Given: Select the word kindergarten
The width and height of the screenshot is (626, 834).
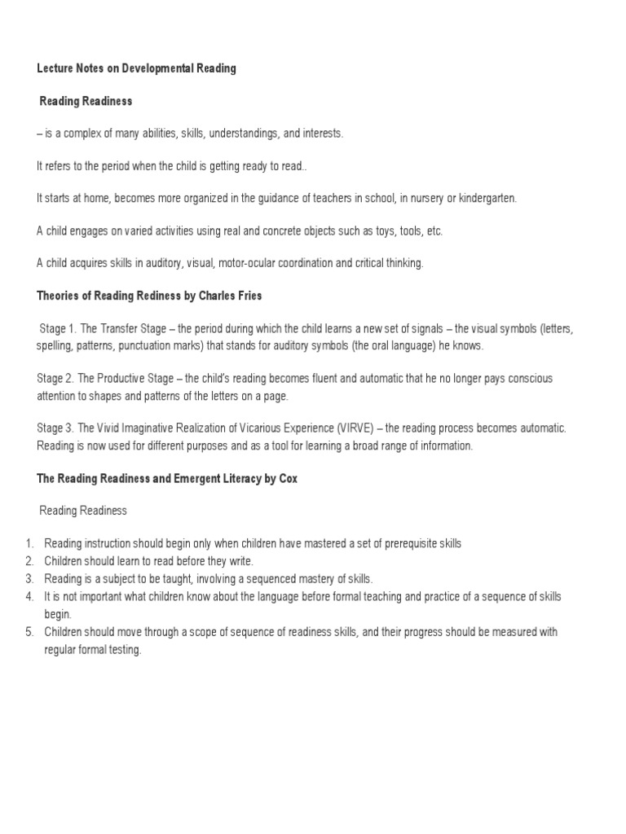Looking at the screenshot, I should tap(486, 198).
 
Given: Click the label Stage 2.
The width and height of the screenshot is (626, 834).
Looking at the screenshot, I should tap(55, 379).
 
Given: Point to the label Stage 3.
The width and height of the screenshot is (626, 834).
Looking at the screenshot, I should tap(55, 428).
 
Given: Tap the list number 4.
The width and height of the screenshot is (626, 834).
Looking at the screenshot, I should tap(29, 597).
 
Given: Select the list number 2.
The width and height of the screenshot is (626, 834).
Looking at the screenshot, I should tap(29, 561).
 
